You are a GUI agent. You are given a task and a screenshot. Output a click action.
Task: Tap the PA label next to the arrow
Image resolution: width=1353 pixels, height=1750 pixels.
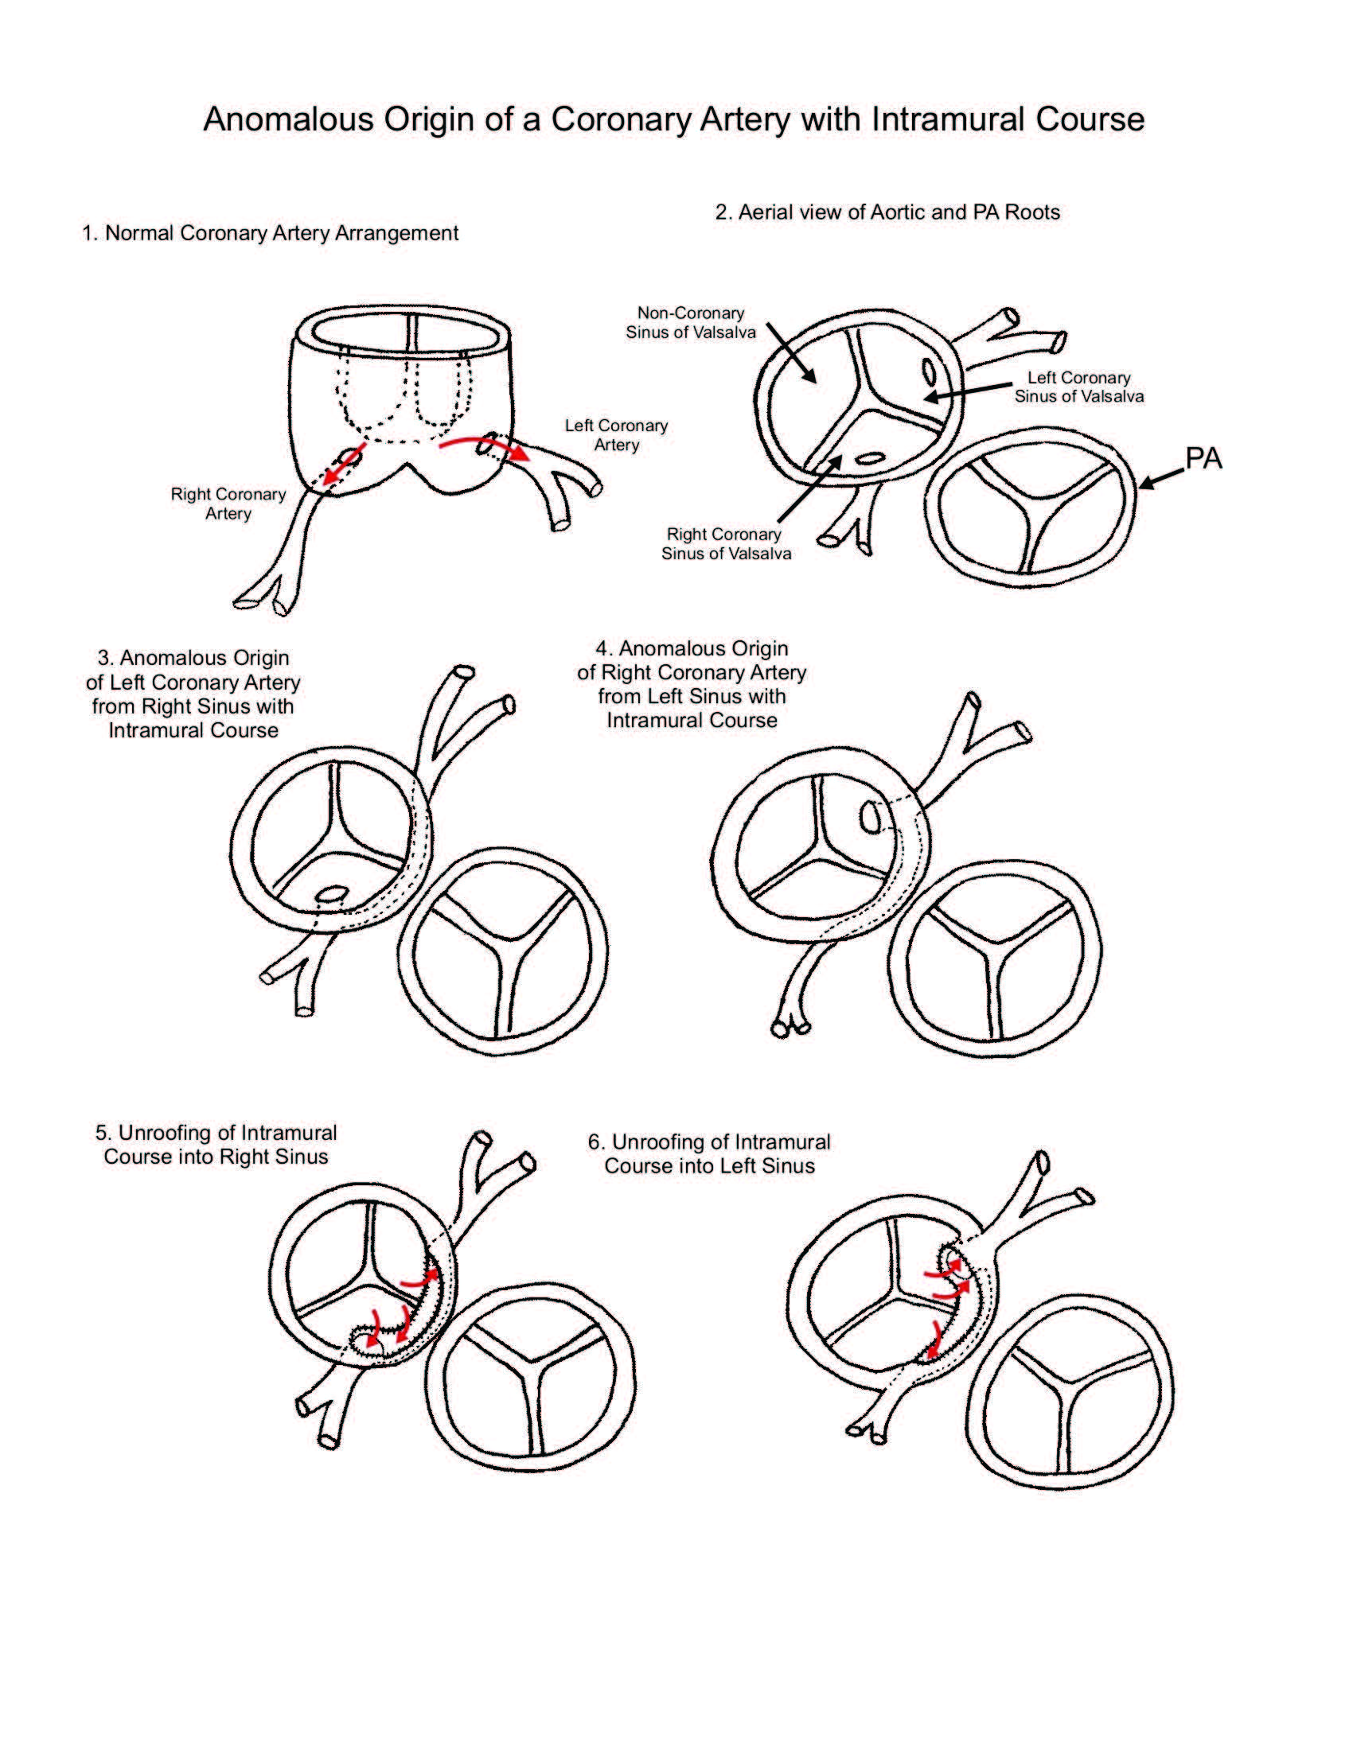pyautogui.click(x=1203, y=459)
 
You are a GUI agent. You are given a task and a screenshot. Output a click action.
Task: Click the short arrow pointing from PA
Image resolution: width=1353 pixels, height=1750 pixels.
pyautogui.click(x=1160, y=479)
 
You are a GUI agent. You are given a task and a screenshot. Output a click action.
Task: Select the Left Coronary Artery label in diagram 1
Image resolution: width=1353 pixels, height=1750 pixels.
pyautogui.click(x=615, y=435)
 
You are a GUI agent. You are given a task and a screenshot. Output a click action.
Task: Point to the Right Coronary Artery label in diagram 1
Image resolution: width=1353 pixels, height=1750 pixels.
pyautogui.click(x=228, y=504)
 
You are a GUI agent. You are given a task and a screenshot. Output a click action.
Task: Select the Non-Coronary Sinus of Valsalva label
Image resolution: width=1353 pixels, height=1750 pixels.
pyautogui.click(x=690, y=323)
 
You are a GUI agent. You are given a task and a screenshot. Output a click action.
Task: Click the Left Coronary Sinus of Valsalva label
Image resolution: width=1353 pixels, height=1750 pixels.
pyautogui.click(x=1078, y=387)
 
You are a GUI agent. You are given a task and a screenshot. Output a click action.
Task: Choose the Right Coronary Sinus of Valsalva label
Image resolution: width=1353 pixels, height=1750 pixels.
pyautogui.click(x=725, y=544)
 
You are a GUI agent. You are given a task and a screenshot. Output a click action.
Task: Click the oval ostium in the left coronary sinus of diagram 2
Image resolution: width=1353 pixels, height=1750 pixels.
pyautogui.click(x=928, y=371)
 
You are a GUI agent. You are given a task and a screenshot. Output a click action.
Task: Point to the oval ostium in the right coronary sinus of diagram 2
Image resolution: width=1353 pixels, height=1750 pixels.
pyautogui.click(x=871, y=459)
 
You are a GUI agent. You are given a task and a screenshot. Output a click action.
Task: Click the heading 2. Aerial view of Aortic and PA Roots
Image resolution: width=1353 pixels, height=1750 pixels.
pyautogui.click(x=887, y=212)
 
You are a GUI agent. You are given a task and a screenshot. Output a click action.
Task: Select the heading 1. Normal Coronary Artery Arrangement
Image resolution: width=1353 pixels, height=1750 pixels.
pyautogui.click(x=270, y=233)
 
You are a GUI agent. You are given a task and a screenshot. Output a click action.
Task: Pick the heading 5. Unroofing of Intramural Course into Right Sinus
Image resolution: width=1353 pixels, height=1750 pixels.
pyautogui.click(x=216, y=1144)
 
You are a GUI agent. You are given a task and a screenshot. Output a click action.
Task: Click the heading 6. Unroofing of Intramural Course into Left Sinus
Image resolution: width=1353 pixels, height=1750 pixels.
pyautogui.click(x=708, y=1154)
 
